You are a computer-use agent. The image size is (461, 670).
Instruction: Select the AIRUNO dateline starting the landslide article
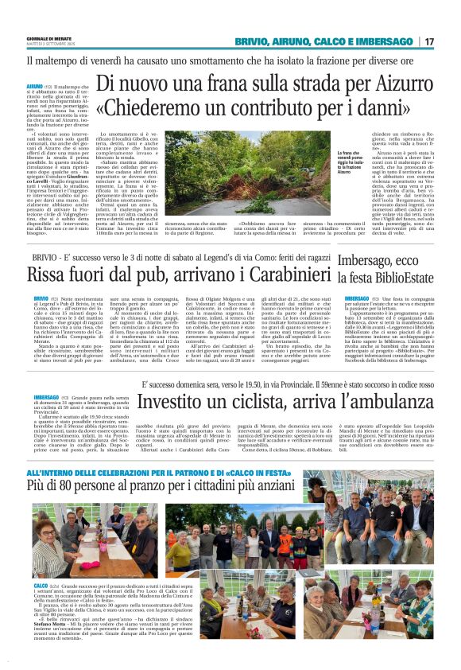click(x=35, y=84)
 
